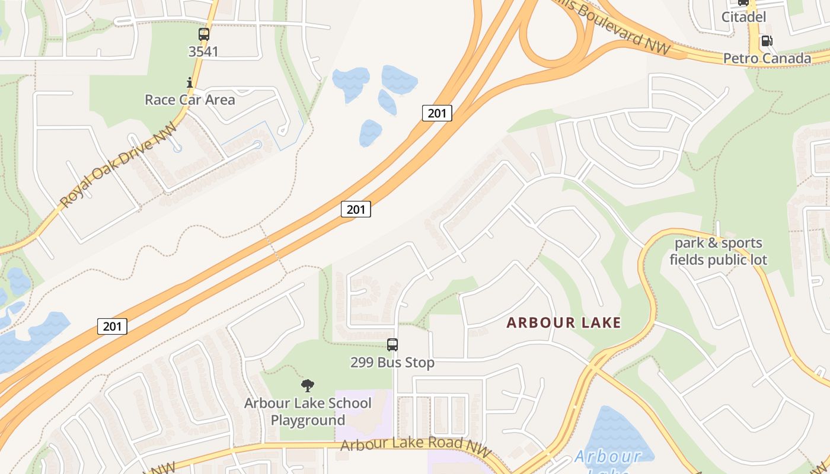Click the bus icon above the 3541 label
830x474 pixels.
click(x=204, y=34)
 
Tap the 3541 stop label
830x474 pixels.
click(x=203, y=52)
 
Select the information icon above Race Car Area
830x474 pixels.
click(x=190, y=82)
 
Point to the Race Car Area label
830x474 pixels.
click(x=190, y=99)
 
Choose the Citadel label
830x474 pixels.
click(x=743, y=17)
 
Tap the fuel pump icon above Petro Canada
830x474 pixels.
click(x=767, y=41)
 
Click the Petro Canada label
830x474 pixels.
click(x=767, y=58)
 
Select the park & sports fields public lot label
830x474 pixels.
click(x=719, y=251)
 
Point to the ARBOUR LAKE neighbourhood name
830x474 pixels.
click(x=564, y=323)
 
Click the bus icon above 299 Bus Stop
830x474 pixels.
click(x=392, y=345)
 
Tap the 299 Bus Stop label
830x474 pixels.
click(x=392, y=362)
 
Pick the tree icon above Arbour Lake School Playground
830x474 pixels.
click(x=308, y=386)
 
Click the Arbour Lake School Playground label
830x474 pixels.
click(x=308, y=411)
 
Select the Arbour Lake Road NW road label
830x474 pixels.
click(x=417, y=446)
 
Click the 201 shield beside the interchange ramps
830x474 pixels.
click(x=437, y=113)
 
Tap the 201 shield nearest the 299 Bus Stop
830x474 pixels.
click(x=356, y=209)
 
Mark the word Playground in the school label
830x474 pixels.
click(x=308, y=420)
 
